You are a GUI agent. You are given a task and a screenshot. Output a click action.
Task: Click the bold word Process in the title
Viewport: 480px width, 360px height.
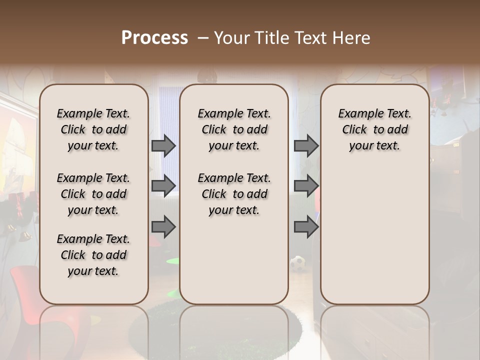coord(154,38)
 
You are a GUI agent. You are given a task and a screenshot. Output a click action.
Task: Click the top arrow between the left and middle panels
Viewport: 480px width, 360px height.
coord(163,146)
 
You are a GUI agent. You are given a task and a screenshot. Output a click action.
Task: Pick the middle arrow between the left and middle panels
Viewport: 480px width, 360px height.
coord(163,186)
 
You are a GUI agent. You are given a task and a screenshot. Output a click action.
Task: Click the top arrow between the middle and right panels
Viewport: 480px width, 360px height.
coord(306,146)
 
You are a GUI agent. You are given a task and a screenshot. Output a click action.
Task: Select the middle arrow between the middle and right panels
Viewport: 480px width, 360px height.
coord(306,186)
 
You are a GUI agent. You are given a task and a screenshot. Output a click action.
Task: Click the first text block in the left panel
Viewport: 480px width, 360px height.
coord(93,129)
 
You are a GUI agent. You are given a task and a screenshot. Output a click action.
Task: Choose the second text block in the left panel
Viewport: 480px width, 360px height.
coord(93,194)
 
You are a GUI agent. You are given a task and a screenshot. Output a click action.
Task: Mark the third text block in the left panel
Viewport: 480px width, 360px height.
coord(93,255)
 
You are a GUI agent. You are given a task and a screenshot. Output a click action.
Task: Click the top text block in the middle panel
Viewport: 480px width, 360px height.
coord(234,129)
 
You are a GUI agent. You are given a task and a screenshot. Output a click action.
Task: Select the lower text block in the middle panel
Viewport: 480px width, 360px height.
coord(234,194)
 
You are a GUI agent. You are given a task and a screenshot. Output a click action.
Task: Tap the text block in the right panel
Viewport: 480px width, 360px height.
coord(374,129)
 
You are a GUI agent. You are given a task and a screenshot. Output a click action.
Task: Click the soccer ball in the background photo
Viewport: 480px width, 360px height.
coord(298,263)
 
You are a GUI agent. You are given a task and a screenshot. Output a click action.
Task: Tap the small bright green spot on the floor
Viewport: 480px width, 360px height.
coord(172,260)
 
